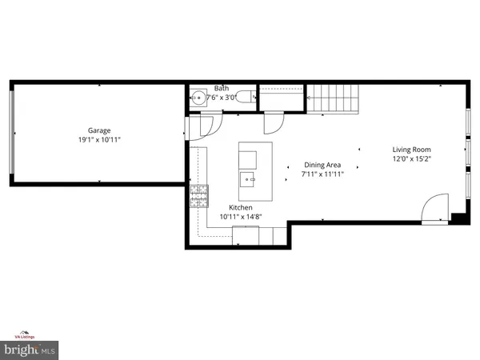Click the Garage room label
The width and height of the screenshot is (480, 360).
pos(99,130)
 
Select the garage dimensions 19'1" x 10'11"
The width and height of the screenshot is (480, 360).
pos(99,139)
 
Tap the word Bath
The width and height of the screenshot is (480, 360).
pos(221,89)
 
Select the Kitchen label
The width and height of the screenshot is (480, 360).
pos(242,207)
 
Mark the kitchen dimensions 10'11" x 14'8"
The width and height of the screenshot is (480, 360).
pos(242,217)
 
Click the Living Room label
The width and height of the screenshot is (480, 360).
pos(411,150)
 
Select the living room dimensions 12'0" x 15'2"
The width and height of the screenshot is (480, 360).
pos(411,159)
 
